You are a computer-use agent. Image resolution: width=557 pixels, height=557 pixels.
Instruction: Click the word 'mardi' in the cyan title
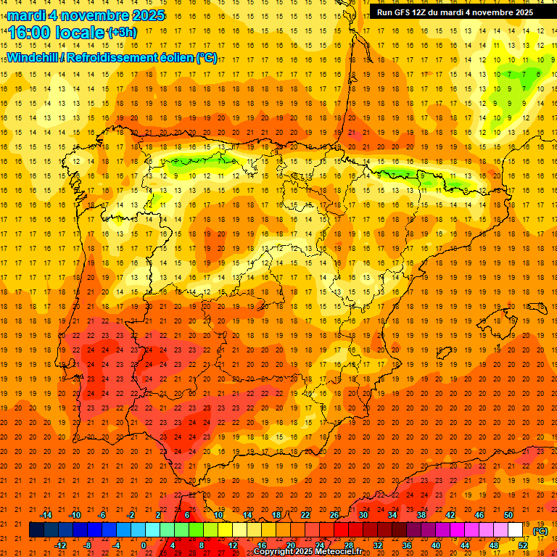[26, 15]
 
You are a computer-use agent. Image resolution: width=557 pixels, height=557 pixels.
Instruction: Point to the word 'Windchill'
[34, 58]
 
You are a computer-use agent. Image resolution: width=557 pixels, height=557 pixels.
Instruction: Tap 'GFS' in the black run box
[402, 12]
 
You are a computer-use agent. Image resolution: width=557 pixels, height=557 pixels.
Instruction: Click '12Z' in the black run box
[421, 12]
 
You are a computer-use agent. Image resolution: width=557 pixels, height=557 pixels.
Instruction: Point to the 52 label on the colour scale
[524, 545]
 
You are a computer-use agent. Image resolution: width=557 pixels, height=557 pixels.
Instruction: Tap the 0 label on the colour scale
[144, 545]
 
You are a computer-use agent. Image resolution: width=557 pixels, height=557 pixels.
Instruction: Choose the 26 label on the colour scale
[334, 515]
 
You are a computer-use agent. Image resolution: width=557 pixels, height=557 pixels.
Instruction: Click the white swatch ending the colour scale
[516, 530]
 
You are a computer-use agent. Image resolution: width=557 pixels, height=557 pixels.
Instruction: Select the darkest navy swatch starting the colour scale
[36, 530]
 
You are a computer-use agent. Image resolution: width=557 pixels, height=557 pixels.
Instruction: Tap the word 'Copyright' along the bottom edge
[273, 552]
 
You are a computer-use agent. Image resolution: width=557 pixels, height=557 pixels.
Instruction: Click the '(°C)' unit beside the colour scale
[540, 532]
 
